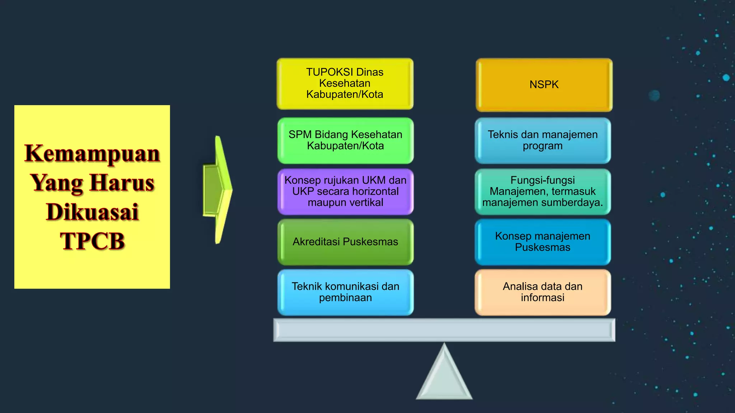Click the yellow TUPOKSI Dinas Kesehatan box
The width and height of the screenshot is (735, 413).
click(345, 84)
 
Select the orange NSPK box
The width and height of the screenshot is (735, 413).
click(544, 85)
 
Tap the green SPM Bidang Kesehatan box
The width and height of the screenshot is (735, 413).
click(345, 141)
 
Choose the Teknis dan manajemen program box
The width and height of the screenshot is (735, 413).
click(543, 141)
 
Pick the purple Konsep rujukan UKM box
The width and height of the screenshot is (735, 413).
click(345, 191)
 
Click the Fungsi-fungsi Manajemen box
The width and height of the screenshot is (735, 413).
click(543, 191)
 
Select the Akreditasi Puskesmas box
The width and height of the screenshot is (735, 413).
click(345, 242)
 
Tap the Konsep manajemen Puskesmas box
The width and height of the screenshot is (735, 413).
click(543, 242)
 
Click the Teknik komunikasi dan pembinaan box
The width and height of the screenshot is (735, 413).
click(345, 292)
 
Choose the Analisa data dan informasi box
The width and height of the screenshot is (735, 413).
click(543, 292)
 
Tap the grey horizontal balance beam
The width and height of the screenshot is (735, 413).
click(444, 330)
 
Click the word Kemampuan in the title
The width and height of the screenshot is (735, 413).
click(92, 154)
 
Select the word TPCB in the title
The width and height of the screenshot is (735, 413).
click(92, 241)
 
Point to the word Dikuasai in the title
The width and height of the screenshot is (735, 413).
click(92, 212)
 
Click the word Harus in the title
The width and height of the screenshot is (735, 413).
click(122, 183)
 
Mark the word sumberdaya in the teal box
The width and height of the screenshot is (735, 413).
click(571, 203)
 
